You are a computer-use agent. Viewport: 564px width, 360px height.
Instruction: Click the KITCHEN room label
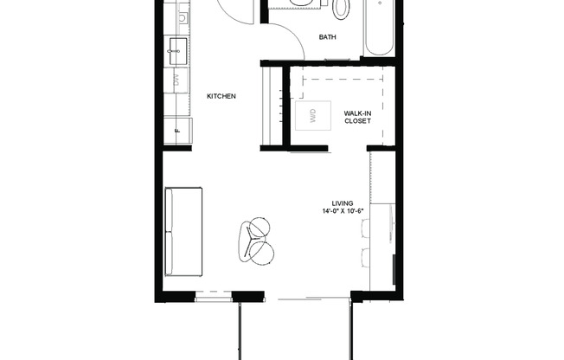tap(221, 96)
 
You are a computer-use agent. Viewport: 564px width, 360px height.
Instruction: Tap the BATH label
tap(327, 37)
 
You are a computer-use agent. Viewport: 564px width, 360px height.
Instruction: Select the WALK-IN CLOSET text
tap(357, 117)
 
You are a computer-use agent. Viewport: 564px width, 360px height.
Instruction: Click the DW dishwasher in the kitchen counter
tap(176, 80)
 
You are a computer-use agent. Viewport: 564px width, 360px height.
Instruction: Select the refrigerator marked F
tap(178, 129)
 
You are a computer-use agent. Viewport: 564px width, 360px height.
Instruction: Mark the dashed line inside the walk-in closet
tap(342, 76)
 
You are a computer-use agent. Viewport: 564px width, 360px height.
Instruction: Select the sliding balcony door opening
tap(313, 299)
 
